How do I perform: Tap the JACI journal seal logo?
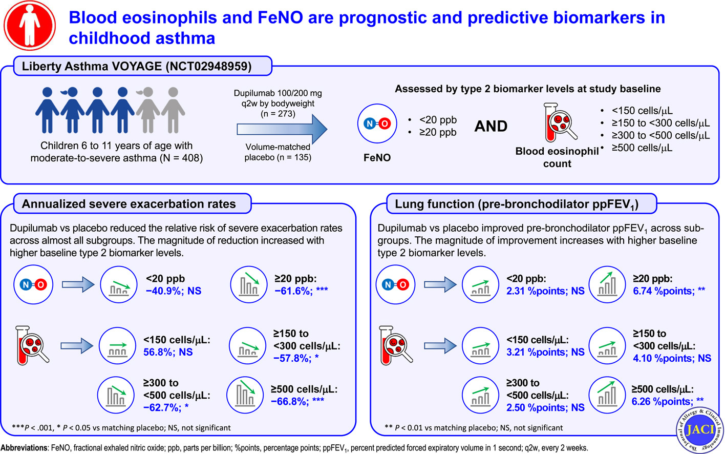699,429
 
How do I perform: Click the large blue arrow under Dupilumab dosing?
282,129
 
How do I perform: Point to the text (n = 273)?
278,114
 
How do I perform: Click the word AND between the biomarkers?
491,126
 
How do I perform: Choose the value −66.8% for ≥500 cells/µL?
290,402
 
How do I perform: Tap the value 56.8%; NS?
168,352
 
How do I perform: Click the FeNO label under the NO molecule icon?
377,158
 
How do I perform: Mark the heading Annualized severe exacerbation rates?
129,204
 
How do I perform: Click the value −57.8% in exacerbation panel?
292,358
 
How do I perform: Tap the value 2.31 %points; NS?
545,291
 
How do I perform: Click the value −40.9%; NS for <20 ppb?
173,291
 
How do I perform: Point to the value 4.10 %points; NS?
672,358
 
